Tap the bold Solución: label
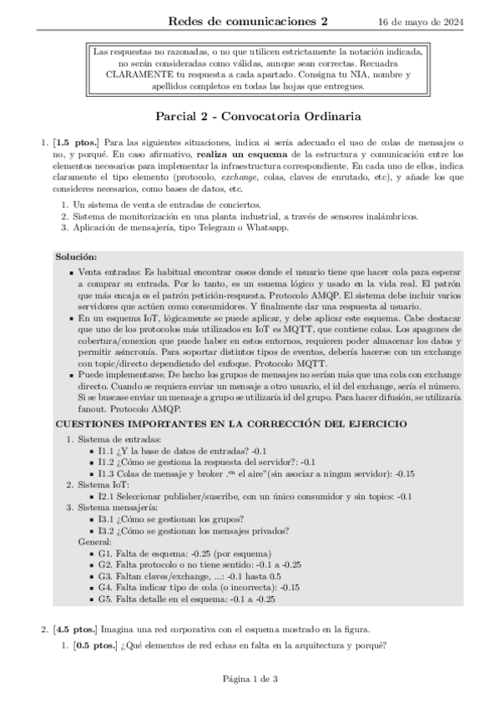pos(76,256)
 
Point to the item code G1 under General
pos(106,553)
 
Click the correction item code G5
pos(106,598)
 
